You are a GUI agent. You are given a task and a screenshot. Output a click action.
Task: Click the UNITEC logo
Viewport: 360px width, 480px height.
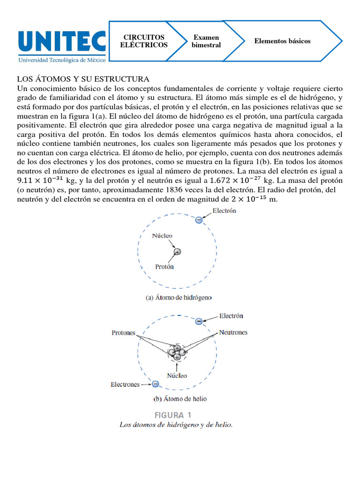tap(61, 42)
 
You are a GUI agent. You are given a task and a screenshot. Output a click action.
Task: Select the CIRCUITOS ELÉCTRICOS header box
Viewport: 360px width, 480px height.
tap(143, 41)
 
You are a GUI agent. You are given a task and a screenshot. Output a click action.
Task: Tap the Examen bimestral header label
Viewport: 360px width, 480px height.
tap(206, 41)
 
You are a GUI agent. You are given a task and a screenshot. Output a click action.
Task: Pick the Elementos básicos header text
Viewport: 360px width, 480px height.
tap(282, 41)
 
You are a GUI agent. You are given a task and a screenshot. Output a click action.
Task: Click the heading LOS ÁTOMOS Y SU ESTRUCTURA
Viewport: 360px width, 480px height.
tap(83, 79)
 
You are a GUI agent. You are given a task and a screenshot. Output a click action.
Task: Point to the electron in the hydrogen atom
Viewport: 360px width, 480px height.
tap(199, 219)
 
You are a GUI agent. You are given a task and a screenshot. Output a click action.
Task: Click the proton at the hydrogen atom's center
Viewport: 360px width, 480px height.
tap(177, 252)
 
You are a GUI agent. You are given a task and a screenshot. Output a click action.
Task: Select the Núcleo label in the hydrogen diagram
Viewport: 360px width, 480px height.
tap(162, 236)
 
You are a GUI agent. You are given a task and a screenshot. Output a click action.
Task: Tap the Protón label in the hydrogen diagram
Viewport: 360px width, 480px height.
tap(165, 267)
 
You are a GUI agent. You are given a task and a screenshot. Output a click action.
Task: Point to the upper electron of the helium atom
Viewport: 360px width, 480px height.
tap(199, 321)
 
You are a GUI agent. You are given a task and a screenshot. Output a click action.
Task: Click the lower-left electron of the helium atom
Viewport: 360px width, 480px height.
tap(155, 384)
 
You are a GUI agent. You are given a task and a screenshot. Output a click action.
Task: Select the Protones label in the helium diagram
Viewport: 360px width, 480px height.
tap(123, 333)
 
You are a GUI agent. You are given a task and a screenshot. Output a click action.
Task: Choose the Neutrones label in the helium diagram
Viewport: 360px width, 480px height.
tap(233, 332)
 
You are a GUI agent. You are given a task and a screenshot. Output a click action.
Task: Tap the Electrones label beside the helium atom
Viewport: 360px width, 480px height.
tap(125, 384)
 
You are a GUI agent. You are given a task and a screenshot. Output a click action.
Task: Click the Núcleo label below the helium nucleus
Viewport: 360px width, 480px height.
tap(177, 375)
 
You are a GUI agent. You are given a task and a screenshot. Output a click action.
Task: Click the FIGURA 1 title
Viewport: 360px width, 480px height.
tap(173, 415)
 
